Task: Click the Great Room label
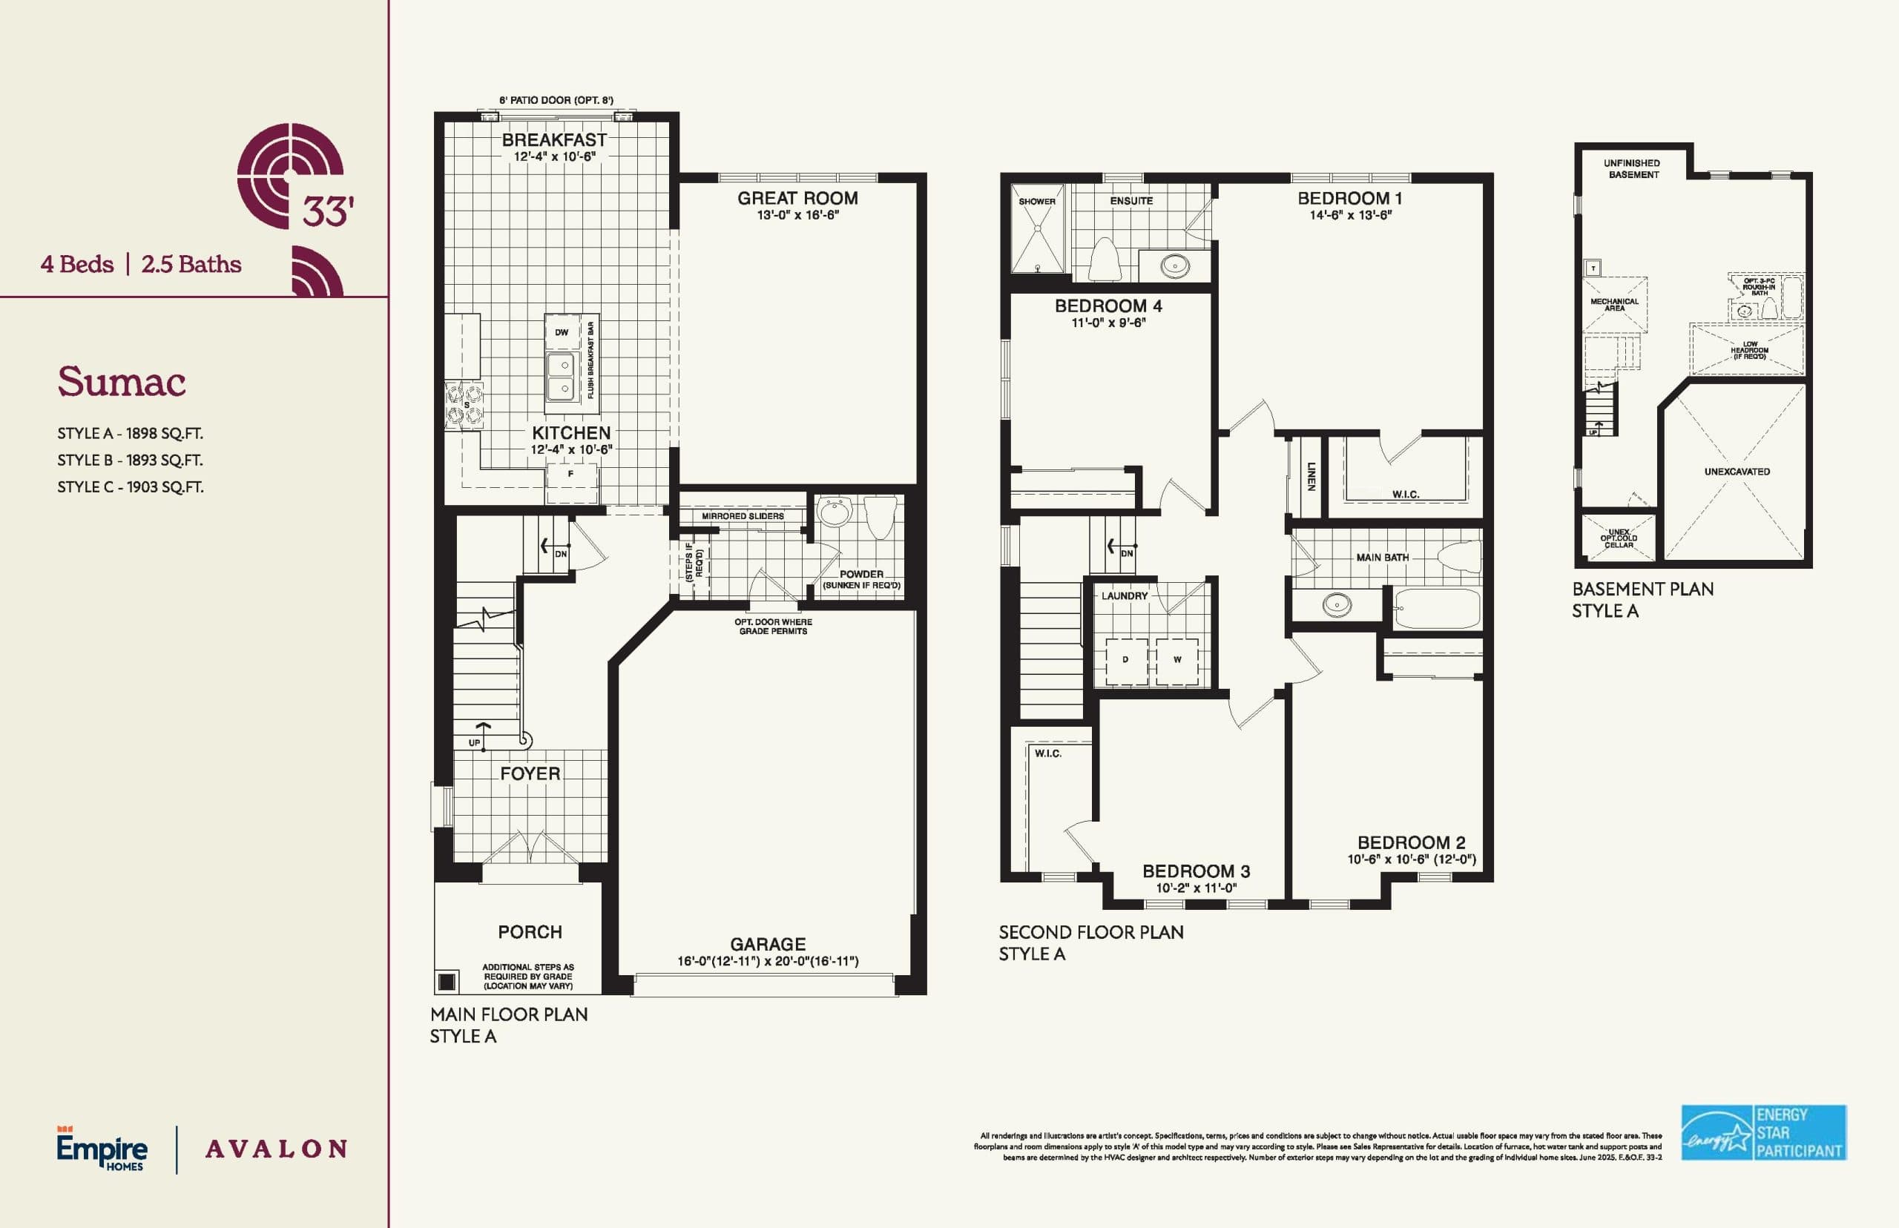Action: pyautogui.click(x=797, y=198)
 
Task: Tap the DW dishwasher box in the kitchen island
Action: pyautogui.click(x=562, y=332)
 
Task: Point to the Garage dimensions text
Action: pyautogui.click(x=767, y=962)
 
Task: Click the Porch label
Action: pyautogui.click(x=530, y=931)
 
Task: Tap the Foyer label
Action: pyautogui.click(x=530, y=773)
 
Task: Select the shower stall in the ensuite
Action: pyautogui.click(x=1038, y=230)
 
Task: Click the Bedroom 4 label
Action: pyautogui.click(x=1108, y=306)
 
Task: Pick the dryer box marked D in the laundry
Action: pyautogui.click(x=1125, y=660)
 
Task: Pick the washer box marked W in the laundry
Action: pyautogui.click(x=1177, y=660)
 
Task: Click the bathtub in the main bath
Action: pyautogui.click(x=1437, y=610)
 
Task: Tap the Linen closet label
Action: pyautogui.click(x=1311, y=475)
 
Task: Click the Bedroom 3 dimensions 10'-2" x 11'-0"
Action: pyautogui.click(x=1196, y=888)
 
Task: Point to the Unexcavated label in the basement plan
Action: pyautogui.click(x=1737, y=472)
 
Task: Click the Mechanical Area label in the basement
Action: pyautogui.click(x=1614, y=305)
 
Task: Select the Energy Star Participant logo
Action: pyautogui.click(x=1763, y=1132)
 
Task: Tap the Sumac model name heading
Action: pyautogui.click(x=121, y=382)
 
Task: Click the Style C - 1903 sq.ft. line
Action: pyautogui.click(x=130, y=487)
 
